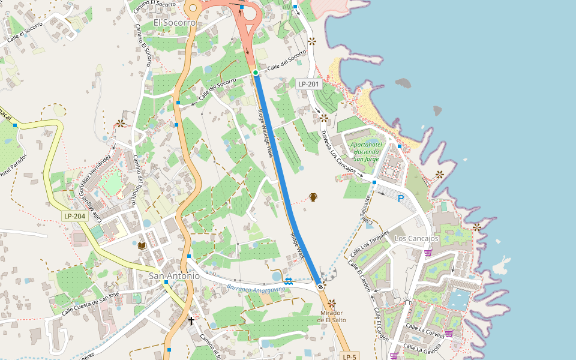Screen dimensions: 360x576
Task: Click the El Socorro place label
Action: pos(175,23)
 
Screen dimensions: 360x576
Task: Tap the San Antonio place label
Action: pos(174,276)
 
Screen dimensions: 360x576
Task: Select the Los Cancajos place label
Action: pos(416,239)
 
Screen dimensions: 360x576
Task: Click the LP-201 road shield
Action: pos(308,85)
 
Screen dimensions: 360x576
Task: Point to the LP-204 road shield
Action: pos(75,216)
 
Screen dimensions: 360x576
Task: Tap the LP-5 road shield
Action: pos(350,356)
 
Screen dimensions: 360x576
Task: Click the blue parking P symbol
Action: pos(401,198)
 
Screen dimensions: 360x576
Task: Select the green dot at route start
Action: pos(256,73)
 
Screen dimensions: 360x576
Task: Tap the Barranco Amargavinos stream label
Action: pos(256,289)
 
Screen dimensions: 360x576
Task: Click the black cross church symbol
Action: pos(191,321)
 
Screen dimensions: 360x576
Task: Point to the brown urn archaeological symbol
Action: pos(313,197)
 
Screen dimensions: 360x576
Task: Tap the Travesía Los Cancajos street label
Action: pos(338,152)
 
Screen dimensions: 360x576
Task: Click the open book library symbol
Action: pos(142,245)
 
